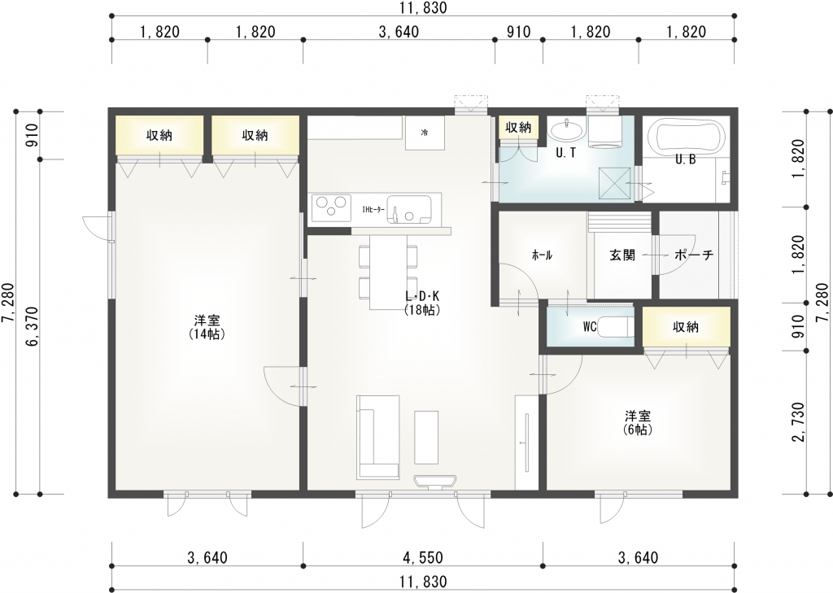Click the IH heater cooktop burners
pos(329,207)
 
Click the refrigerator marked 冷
pos(425,132)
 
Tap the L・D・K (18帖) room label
pos(422,303)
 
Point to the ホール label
pos(542,255)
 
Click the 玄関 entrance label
pos(622,255)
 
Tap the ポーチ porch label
pos(694,255)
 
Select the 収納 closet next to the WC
pos(686,327)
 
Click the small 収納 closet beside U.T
pos(518,128)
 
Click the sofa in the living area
pos(377,437)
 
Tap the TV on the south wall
pos(436,482)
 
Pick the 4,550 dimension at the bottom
pos(422,558)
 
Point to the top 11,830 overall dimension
pos(423,9)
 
